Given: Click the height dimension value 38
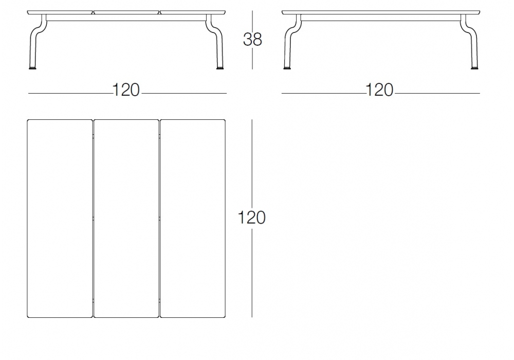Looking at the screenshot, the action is (x=252, y=40).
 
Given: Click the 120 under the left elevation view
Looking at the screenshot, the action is (x=126, y=90).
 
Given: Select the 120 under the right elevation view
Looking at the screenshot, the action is (x=380, y=90).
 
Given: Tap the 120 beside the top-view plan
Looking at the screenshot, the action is (x=251, y=218).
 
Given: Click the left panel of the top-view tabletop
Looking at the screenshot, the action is (x=60, y=219).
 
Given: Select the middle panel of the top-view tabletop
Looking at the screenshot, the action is (x=126, y=219).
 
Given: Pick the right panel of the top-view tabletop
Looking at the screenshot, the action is (x=193, y=219).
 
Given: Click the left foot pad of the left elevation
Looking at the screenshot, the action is (x=32, y=68).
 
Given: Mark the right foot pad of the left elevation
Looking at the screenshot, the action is (x=221, y=68).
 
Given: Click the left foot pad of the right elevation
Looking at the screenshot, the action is (x=287, y=68).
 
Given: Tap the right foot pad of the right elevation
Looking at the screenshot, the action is (x=474, y=68).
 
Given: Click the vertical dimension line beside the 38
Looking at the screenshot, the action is (x=252, y=40).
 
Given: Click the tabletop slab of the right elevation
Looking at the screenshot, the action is (x=381, y=12).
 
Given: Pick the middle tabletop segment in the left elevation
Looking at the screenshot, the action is (x=126, y=12).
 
